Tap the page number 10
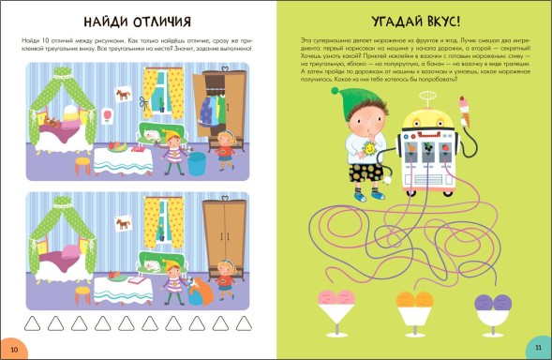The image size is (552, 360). [x=13, y=347]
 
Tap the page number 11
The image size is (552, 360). [x=538, y=347]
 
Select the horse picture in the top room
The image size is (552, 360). [x=122, y=93]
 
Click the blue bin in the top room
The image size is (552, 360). [x=196, y=164]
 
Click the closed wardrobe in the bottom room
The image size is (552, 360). [x=224, y=238]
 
